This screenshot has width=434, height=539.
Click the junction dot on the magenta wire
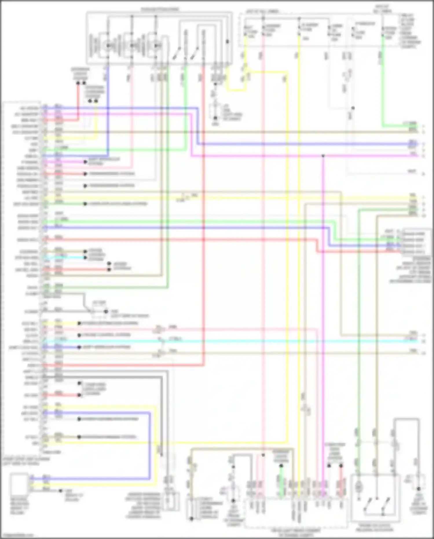[323, 156]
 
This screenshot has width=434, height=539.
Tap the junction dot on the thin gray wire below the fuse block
[353, 108]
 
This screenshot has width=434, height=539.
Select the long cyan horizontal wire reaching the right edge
[232, 341]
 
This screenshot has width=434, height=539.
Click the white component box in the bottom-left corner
[19, 484]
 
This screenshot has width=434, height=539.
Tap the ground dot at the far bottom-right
[418, 489]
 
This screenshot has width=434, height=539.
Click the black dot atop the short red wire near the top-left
[78, 83]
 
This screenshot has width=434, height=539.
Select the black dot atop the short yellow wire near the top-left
[96, 101]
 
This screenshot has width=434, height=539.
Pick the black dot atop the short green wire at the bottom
[281, 466]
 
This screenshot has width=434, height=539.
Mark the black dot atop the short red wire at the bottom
[341, 466]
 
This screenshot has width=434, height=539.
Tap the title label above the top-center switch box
[160, 10]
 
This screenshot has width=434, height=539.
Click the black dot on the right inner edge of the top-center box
[227, 42]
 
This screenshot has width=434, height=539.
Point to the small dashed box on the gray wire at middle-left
[99, 308]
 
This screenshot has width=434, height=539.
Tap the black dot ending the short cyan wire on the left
[85, 257]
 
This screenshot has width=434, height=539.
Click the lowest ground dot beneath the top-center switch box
[215, 118]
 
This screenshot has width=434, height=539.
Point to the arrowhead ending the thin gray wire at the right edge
[423, 174]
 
